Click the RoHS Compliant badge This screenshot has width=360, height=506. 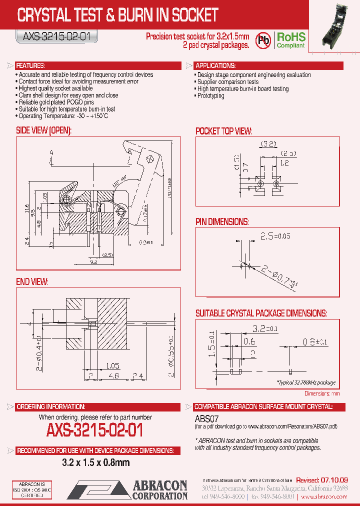[291, 40]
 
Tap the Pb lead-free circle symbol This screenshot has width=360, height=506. [264, 40]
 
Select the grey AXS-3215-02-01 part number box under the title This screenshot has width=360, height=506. [55, 36]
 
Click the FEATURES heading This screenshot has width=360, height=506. [30, 66]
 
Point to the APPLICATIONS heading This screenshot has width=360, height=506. [215, 66]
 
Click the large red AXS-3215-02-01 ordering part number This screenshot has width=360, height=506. [95, 430]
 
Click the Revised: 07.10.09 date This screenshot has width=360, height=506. [322, 480]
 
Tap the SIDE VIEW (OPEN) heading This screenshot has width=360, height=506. [44, 130]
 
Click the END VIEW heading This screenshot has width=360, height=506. [32, 282]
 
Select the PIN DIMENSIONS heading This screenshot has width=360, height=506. [222, 221]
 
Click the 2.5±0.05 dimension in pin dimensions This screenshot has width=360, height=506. [275, 235]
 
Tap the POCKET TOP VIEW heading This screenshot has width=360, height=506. [223, 131]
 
